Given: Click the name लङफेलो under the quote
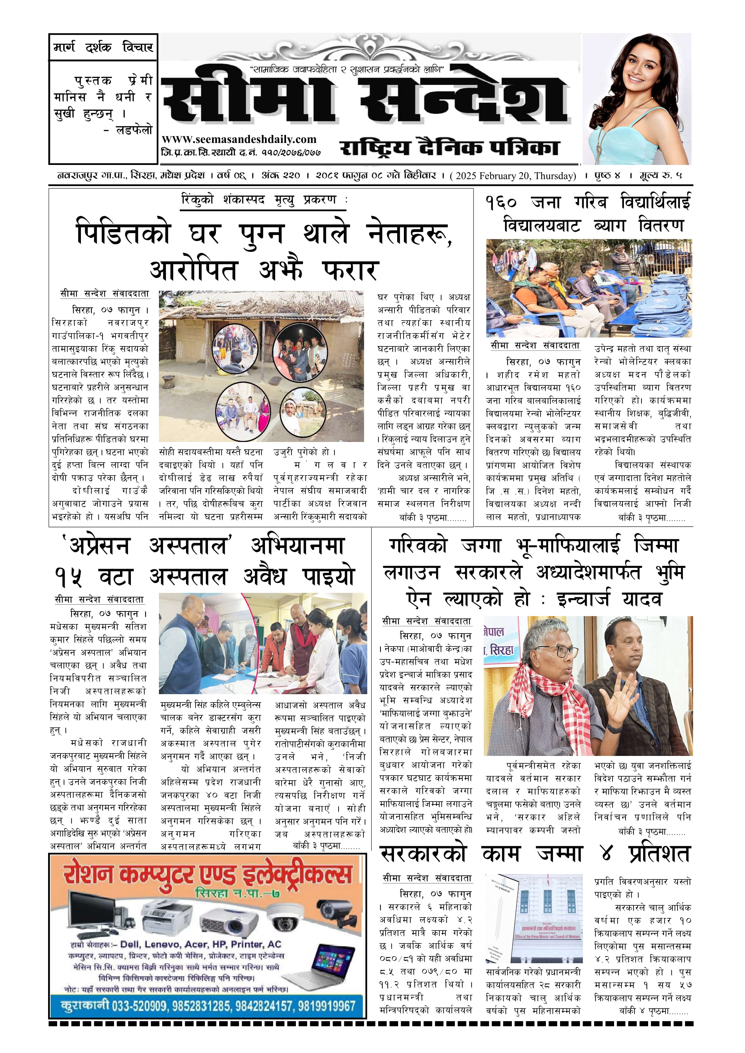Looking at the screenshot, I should tap(133, 130).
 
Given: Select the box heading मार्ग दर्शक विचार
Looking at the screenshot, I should tap(103, 47).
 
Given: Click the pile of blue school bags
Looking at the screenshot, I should tap(661, 302).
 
